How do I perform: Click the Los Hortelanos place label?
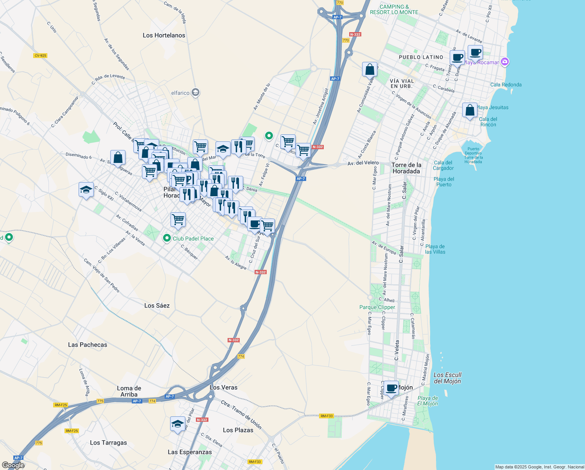[164, 35]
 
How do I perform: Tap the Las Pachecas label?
[88, 345]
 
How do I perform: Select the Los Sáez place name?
[157, 305]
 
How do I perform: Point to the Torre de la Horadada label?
[407, 168]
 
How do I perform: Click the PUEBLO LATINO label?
[421, 57]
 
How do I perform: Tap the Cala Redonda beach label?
[506, 85]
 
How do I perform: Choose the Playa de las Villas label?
[435, 249]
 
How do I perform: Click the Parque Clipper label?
[377, 307]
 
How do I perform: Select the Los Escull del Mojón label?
[447, 378]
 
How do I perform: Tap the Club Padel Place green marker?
[167, 238]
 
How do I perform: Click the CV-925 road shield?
[40, 56]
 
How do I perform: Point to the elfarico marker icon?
[196, 93]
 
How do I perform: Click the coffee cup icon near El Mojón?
[391, 388]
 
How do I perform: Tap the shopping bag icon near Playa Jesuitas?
[470, 110]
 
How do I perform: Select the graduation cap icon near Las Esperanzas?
[178, 424]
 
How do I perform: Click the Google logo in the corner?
[13, 465]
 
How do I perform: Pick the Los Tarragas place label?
[108, 443]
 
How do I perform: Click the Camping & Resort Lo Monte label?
[394, 9]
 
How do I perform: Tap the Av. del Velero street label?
[363, 163]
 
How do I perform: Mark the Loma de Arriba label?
[129, 391]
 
